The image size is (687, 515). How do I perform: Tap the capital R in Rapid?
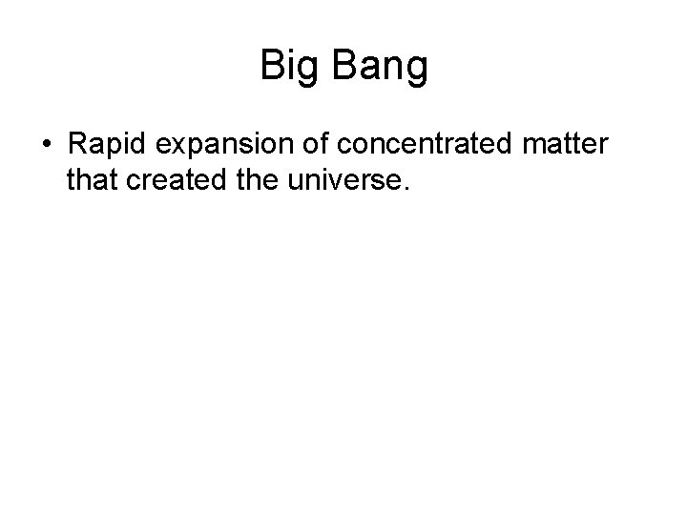pyautogui.click(x=77, y=144)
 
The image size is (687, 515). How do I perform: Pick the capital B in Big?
pyautogui.click(x=272, y=66)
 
